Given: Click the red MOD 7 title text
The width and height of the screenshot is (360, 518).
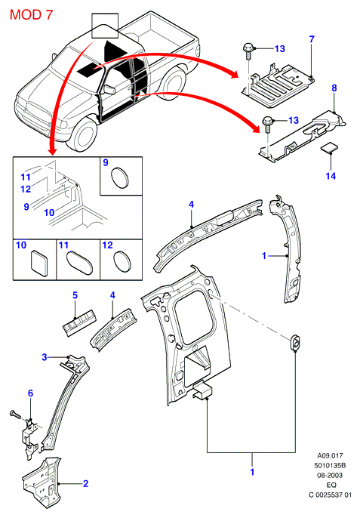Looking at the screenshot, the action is point(31,15).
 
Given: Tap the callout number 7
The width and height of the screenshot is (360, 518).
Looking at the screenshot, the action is point(312,39).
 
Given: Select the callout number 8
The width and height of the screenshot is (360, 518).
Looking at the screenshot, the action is point(334,88).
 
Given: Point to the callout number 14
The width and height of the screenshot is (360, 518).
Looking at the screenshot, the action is point(331,176).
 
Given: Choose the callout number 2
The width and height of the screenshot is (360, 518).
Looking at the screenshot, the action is point(86,483).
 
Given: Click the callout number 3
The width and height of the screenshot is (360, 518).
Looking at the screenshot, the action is point(45,357).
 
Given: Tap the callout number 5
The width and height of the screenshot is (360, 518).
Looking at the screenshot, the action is point(75,295).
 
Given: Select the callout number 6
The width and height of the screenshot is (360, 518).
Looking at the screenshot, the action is point(30,393).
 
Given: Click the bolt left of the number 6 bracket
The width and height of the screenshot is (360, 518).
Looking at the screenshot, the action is point(15,413).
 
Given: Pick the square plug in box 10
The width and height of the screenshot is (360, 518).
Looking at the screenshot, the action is point(40,263).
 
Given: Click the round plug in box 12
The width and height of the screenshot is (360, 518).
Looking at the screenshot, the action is point(122,262).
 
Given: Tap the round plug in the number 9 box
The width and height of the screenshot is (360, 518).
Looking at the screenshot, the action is point(119,178).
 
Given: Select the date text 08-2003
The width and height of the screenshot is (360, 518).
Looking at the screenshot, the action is point(330,476).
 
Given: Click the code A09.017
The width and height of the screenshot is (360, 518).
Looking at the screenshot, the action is point(330,455).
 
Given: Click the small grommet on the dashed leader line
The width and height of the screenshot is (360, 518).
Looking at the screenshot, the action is point(294,342).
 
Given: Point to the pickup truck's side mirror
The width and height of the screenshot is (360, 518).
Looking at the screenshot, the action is point(109,89).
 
